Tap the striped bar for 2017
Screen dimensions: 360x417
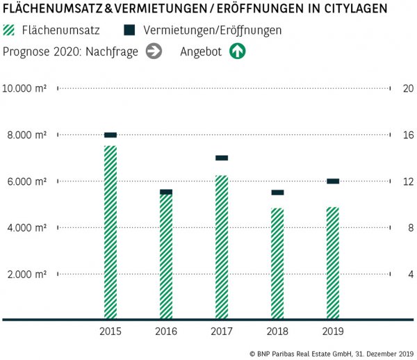(x=222, y=247)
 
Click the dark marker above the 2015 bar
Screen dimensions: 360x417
(x=111, y=135)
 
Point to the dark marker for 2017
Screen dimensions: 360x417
(x=222, y=158)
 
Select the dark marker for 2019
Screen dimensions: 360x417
(x=333, y=181)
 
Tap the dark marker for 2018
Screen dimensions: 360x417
(x=277, y=193)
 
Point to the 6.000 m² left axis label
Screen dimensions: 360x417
(x=26, y=181)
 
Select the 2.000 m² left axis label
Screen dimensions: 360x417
(x=26, y=274)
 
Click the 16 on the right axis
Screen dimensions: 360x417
(x=408, y=135)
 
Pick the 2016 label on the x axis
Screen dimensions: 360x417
(x=166, y=332)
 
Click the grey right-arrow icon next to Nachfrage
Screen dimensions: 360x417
(x=154, y=51)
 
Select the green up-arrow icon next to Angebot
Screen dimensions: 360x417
(x=238, y=51)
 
